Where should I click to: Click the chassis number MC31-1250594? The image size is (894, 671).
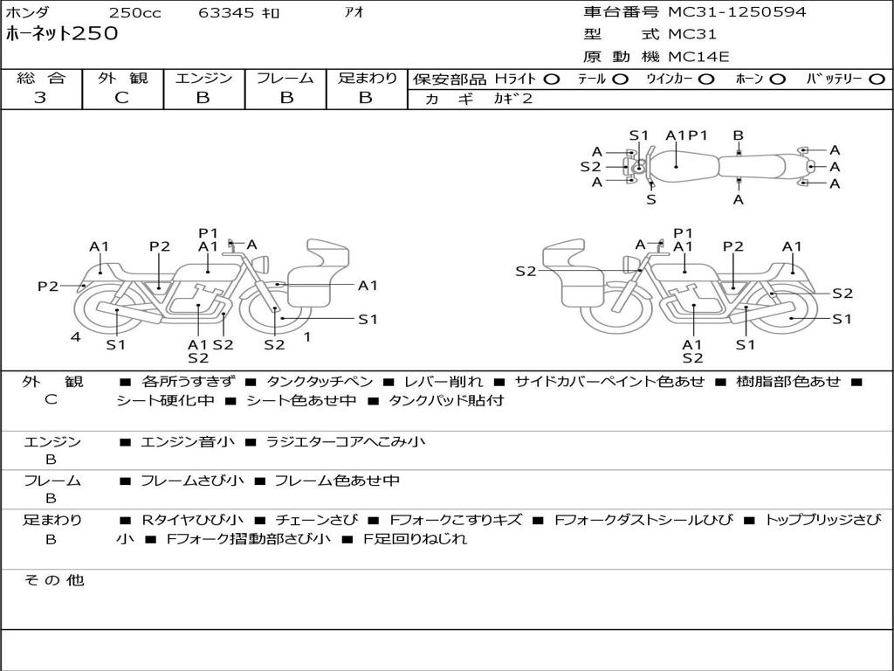coord(737,12)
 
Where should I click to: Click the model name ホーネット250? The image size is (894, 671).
coord(62,34)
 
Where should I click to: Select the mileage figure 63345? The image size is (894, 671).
coord(226,12)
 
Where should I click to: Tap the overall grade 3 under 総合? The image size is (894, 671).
coord(40,98)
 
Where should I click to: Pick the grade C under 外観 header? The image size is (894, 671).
coord(121,98)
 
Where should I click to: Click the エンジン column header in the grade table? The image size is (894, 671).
coord(203,78)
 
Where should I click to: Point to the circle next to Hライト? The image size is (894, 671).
coord(552,80)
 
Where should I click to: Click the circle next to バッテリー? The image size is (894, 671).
coord(877,80)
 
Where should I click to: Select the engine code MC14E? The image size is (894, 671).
coord(698,57)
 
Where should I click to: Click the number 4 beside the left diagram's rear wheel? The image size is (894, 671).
coord(76,336)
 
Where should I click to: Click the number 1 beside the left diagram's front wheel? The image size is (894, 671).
coord(307,336)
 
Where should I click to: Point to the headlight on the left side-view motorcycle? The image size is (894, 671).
coord(261,264)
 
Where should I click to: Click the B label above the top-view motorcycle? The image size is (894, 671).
coord(739,135)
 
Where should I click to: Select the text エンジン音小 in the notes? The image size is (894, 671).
coord(187,441)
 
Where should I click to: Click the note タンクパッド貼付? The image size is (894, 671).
coord(446,400)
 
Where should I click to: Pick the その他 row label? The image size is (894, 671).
coord(54,580)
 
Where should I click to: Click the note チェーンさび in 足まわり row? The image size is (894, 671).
coord(316,520)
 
